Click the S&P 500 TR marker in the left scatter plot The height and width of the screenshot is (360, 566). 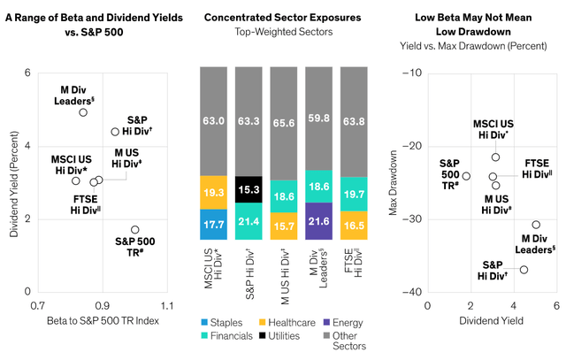point(134,230)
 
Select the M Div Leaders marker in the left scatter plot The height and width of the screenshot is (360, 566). point(82,112)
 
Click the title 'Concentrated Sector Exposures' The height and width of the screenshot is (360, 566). point(283,18)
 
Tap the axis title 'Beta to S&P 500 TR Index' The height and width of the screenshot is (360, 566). point(100,319)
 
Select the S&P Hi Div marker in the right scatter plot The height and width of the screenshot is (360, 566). point(524,270)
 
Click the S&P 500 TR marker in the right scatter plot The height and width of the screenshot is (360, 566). point(466,176)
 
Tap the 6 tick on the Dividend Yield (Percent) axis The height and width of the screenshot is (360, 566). point(27,73)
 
